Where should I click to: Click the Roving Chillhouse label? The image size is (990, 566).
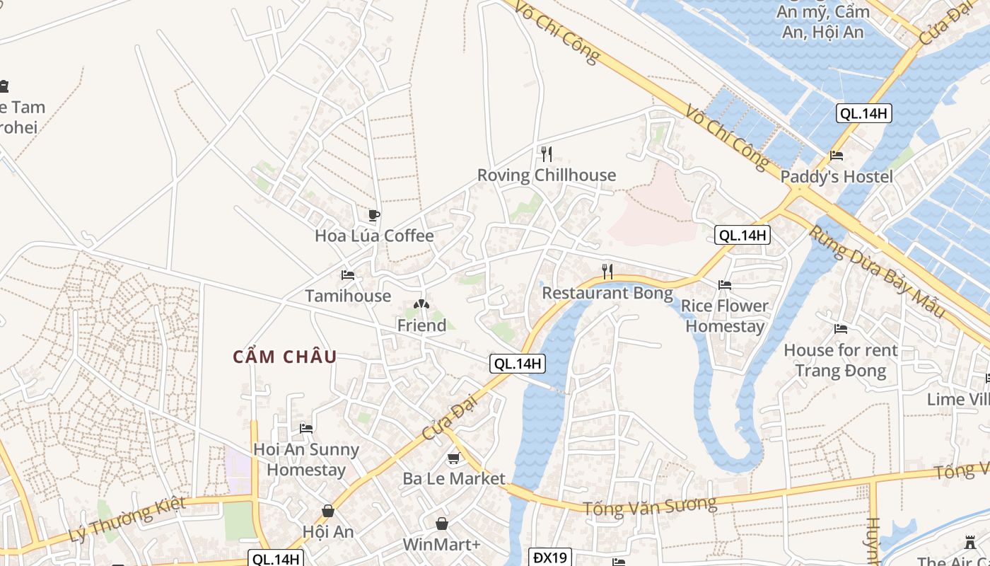[x=546, y=175]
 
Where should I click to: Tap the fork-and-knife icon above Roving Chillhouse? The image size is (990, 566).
[x=546, y=154]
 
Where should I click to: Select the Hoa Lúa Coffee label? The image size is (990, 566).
[x=374, y=236]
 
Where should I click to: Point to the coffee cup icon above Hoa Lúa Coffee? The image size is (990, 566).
[x=374, y=215]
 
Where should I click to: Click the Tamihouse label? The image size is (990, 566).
[x=348, y=296]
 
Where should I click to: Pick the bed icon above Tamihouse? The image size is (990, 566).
[x=348, y=275]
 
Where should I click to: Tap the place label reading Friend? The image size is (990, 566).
[x=421, y=325]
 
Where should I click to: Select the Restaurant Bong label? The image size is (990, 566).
[x=607, y=292]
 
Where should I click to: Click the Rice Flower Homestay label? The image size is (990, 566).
[x=725, y=316]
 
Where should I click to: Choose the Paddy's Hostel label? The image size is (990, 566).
[x=837, y=177]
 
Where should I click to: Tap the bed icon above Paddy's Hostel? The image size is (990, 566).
[x=837, y=156]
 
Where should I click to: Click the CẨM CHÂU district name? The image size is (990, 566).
[x=285, y=357]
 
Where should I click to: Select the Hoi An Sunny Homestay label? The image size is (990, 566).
[x=306, y=459]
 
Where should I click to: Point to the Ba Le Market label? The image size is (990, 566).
[x=454, y=478]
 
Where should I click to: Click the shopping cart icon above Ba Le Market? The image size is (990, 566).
[x=454, y=458]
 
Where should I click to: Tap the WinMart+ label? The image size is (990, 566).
[x=441, y=544]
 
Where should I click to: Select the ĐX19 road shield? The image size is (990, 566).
[x=550, y=558]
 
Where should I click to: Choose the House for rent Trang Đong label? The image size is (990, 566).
[x=841, y=360]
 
